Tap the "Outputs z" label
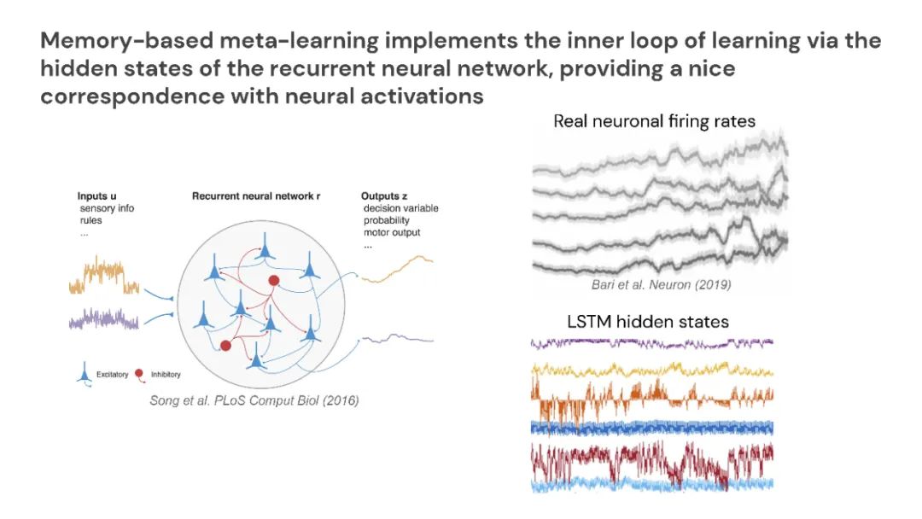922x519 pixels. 384,196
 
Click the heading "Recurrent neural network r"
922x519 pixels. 256,196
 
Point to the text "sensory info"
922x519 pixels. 107,208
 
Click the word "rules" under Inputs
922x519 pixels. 92,220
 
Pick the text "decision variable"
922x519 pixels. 400,208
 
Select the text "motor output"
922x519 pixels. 392,232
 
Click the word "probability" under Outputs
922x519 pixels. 387,220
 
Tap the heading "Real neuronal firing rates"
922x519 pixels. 654,121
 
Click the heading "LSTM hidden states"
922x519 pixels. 648,322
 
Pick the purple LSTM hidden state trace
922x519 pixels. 652,343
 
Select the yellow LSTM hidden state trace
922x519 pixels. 652,370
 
